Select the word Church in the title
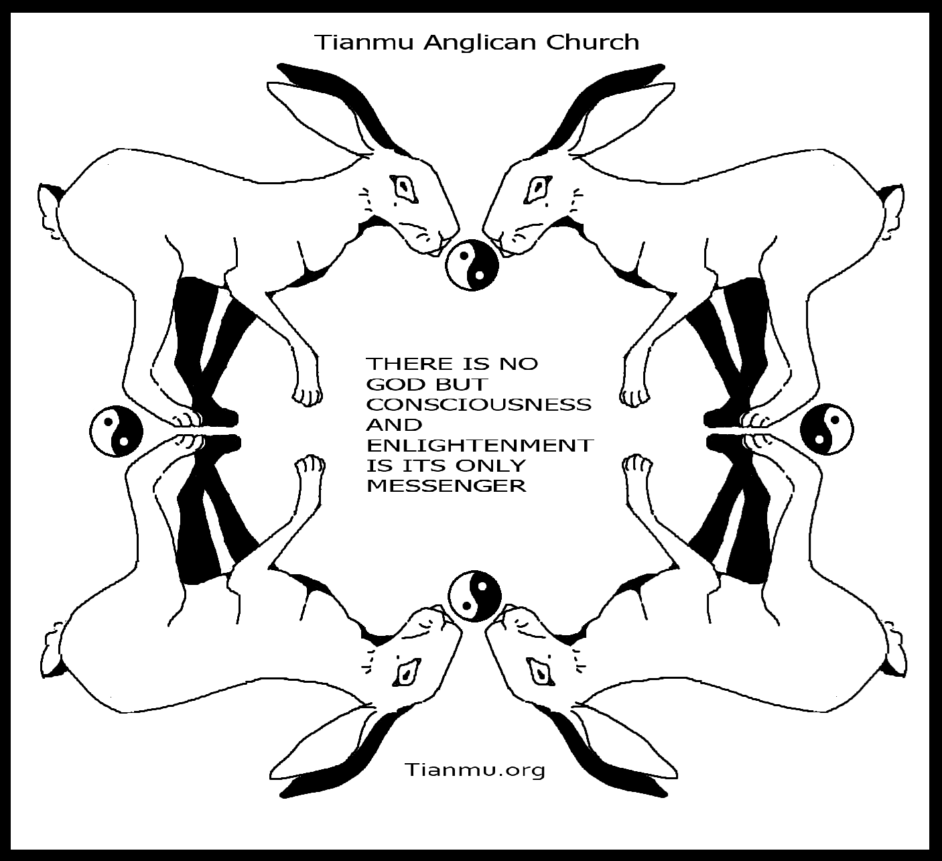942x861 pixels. (592, 42)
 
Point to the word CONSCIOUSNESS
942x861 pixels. (478, 405)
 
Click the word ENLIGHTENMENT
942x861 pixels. (480, 445)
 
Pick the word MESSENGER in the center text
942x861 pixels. (446, 486)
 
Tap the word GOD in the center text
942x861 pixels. (393, 384)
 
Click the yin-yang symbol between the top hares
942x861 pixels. (472, 265)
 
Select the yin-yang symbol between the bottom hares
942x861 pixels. (475, 596)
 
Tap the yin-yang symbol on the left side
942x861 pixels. (117, 431)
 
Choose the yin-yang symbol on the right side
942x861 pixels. (827, 429)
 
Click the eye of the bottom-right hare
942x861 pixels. (541, 673)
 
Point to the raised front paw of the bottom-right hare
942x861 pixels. (637, 469)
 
